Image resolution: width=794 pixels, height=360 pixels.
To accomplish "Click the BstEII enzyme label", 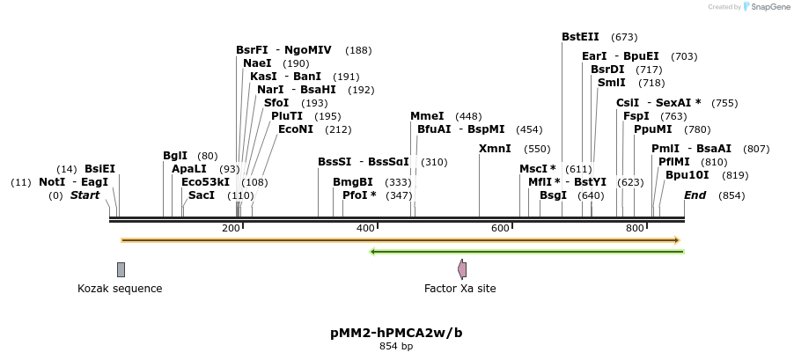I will point(580,37).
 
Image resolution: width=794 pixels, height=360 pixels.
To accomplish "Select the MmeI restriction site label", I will point(427,116).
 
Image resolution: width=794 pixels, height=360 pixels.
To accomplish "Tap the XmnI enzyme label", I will point(495,149).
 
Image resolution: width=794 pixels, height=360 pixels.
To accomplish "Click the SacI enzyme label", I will point(202,195).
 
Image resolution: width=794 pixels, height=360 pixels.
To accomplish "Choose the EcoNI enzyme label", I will point(296,129).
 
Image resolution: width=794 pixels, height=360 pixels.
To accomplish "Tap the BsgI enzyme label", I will point(553,195).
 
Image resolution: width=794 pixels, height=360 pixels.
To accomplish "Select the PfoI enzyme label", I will point(359,195).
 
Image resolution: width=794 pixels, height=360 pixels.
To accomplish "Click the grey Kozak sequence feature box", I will point(121,269).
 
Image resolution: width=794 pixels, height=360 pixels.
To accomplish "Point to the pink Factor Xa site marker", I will point(462,269).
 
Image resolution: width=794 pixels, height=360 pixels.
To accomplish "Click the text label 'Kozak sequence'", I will point(120,289).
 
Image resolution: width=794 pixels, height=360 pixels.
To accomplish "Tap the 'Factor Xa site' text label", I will point(459,289).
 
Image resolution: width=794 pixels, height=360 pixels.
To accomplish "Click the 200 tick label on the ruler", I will point(231,229).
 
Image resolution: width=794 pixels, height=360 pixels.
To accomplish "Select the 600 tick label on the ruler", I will point(500,229).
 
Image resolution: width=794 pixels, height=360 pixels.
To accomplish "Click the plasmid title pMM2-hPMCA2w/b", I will point(396,333).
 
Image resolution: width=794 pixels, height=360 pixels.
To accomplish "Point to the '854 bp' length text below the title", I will point(396,347).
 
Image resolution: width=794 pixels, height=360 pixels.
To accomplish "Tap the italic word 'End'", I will point(695,195).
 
